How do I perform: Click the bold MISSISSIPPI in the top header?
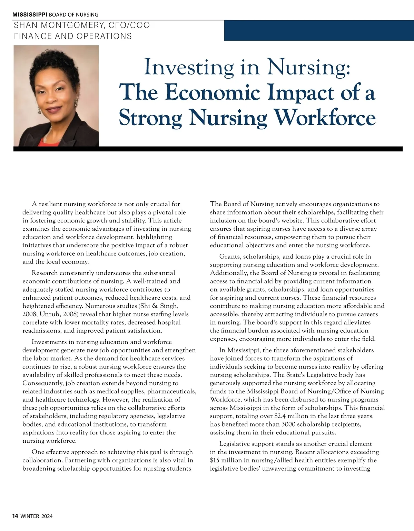30,14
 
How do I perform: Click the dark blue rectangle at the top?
319,30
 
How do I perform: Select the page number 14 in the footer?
15,516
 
